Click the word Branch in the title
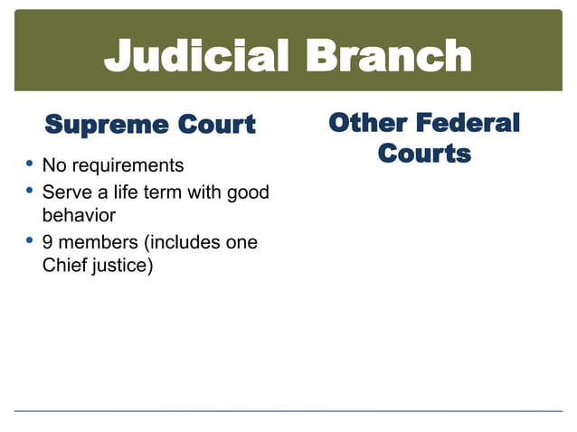tap(390, 56)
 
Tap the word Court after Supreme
tap(208, 124)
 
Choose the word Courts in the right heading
tap(424, 153)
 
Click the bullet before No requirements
tap(30, 164)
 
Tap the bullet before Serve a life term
tap(30, 191)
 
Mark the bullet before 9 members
tap(30, 241)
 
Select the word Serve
tap(66, 193)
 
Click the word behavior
tap(79, 217)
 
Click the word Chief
tap(64, 268)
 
